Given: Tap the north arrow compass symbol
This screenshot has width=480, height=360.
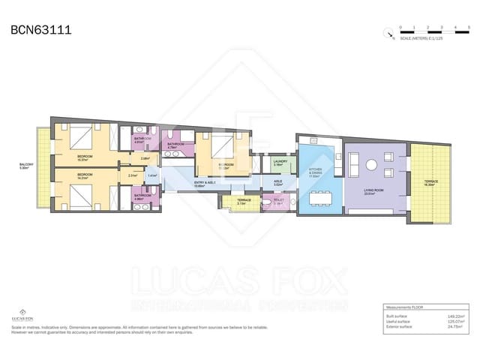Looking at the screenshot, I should pos(388,32).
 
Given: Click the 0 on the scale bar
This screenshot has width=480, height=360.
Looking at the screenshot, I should pos(401,27).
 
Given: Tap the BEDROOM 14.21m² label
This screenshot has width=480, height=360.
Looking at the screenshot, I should pos(85,177).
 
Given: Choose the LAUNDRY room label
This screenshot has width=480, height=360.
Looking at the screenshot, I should pos(280,162).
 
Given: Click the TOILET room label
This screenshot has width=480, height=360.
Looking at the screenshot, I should pos(279,201).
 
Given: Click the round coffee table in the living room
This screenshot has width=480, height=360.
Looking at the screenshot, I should pos(370,165).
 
